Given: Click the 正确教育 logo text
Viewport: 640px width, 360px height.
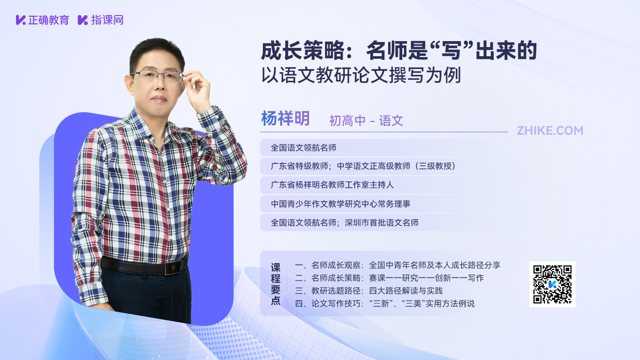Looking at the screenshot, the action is [48, 20].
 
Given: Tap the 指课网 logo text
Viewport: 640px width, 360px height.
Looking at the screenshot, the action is [107, 20].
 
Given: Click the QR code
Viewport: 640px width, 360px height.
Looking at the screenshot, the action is [552, 284].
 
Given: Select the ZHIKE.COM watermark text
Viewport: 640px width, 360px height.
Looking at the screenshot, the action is [550, 131].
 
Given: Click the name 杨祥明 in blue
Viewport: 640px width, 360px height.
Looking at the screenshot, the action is [285, 118].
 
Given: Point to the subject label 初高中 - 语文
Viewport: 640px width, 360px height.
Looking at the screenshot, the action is [366, 121].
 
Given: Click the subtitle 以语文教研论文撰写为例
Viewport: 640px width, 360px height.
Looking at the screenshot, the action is [361, 75].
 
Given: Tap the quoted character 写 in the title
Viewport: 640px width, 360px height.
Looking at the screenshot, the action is [452, 51].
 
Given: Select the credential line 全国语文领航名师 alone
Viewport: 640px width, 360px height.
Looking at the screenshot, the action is [304, 148].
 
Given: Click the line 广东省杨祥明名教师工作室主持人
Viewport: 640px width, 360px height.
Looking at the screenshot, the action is [332, 185].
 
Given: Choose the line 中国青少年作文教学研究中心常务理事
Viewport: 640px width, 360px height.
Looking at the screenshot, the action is [340, 204].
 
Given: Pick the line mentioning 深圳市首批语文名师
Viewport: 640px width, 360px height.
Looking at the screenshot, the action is [345, 222].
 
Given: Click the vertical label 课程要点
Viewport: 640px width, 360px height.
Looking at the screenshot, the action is [275, 284].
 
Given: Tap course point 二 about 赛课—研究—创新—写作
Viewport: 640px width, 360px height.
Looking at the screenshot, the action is [389, 278].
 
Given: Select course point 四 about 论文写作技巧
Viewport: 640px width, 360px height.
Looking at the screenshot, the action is [384, 303].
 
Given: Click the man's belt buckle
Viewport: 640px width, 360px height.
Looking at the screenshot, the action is [175, 268].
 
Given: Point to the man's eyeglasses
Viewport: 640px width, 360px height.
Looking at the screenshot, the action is [156, 76].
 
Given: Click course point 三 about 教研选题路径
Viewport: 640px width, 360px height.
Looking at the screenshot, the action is [368, 291].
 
